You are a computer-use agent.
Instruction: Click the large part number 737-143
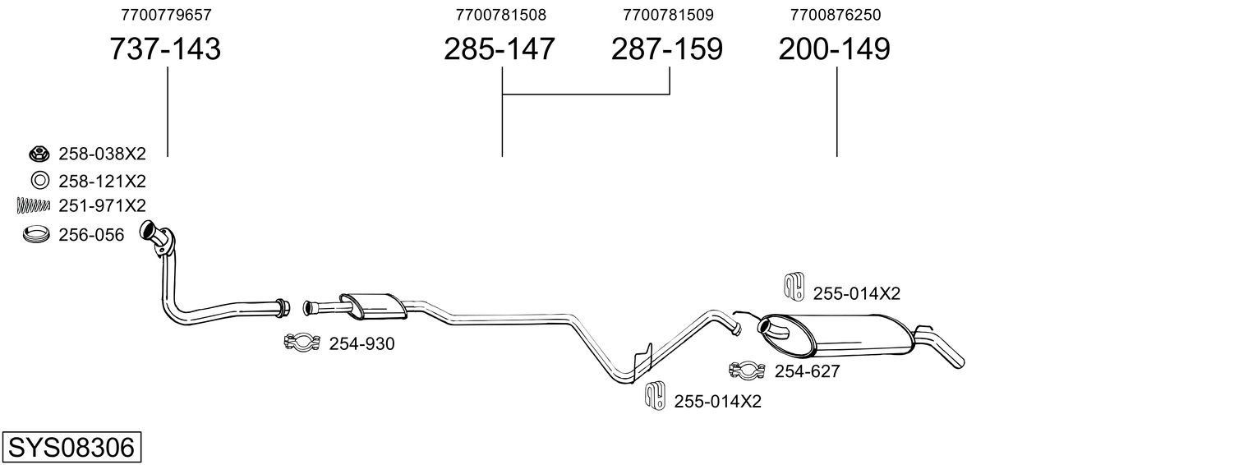click(165, 49)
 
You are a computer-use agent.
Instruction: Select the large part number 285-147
click(500, 49)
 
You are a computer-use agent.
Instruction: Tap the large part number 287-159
click(666, 49)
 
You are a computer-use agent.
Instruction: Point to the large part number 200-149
click(834, 49)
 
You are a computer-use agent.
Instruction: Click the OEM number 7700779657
click(165, 15)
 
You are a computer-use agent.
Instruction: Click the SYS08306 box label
click(71, 448)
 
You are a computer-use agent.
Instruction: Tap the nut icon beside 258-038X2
click(38, 153)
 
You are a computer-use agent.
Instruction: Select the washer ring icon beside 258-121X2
click(38, 181)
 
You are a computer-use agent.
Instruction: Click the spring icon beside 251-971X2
click(34, 205)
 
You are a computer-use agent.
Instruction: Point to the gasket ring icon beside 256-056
click(37, 235)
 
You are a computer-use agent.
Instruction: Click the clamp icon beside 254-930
click(302, 343)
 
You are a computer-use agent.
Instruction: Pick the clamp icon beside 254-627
click(747, 371)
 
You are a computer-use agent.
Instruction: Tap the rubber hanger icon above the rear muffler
click(793, 284)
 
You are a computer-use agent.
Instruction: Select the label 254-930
click(361, 344)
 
